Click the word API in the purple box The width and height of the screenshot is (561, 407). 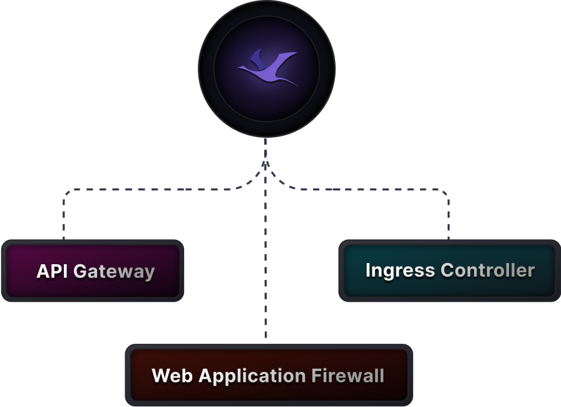point(53,271)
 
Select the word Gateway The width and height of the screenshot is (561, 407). point(114,272)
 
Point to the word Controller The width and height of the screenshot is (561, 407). point(487,270)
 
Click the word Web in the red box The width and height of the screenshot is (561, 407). point(172,376)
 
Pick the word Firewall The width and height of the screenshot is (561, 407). point(347,376)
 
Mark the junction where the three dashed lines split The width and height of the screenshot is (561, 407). point(265,164)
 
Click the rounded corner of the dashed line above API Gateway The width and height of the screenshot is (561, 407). point(67,192)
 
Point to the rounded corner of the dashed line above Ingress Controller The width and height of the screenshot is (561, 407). point(445,192)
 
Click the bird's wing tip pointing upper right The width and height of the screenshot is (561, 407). point(295,54)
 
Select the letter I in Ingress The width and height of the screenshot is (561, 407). point(368,270)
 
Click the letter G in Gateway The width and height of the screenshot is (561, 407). point(80,271)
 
